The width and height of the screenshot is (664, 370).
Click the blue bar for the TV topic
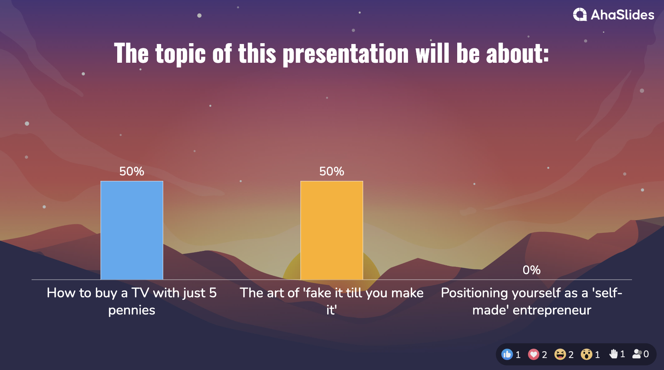(x=132, y=230)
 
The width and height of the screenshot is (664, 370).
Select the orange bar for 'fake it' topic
(x=332, y=230)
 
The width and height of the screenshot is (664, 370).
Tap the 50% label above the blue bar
(x=132, y=171)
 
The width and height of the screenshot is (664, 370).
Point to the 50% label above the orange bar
(x=332, y=171)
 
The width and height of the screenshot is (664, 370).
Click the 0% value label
(x=532, y=270)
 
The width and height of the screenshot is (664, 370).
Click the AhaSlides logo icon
(x=580, y=15)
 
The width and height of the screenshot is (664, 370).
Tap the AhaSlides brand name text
(x=622, y=15)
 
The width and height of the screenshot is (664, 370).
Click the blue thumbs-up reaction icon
(x=507, y=354)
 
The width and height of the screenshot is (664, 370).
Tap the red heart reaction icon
(x=534, y=354)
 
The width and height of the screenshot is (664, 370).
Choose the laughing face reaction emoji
(x=560, y=354)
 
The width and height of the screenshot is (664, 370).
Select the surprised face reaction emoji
(x=586, y=354)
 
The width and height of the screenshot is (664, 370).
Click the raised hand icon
(x=613, y=354)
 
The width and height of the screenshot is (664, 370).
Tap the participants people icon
(x=637, y=354)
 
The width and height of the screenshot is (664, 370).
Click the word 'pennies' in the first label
(x=132, y=310)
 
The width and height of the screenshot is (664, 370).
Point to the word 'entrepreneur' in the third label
(x=552, y=310)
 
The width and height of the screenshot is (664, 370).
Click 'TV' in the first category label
(x=140, y=293)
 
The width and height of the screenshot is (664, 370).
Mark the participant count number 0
(x=646, y=354)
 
